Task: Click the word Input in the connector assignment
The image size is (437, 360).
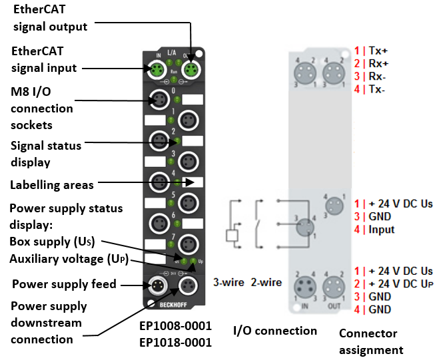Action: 380,230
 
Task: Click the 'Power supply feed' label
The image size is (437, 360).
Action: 64,284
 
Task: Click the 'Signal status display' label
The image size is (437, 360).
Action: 46,153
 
